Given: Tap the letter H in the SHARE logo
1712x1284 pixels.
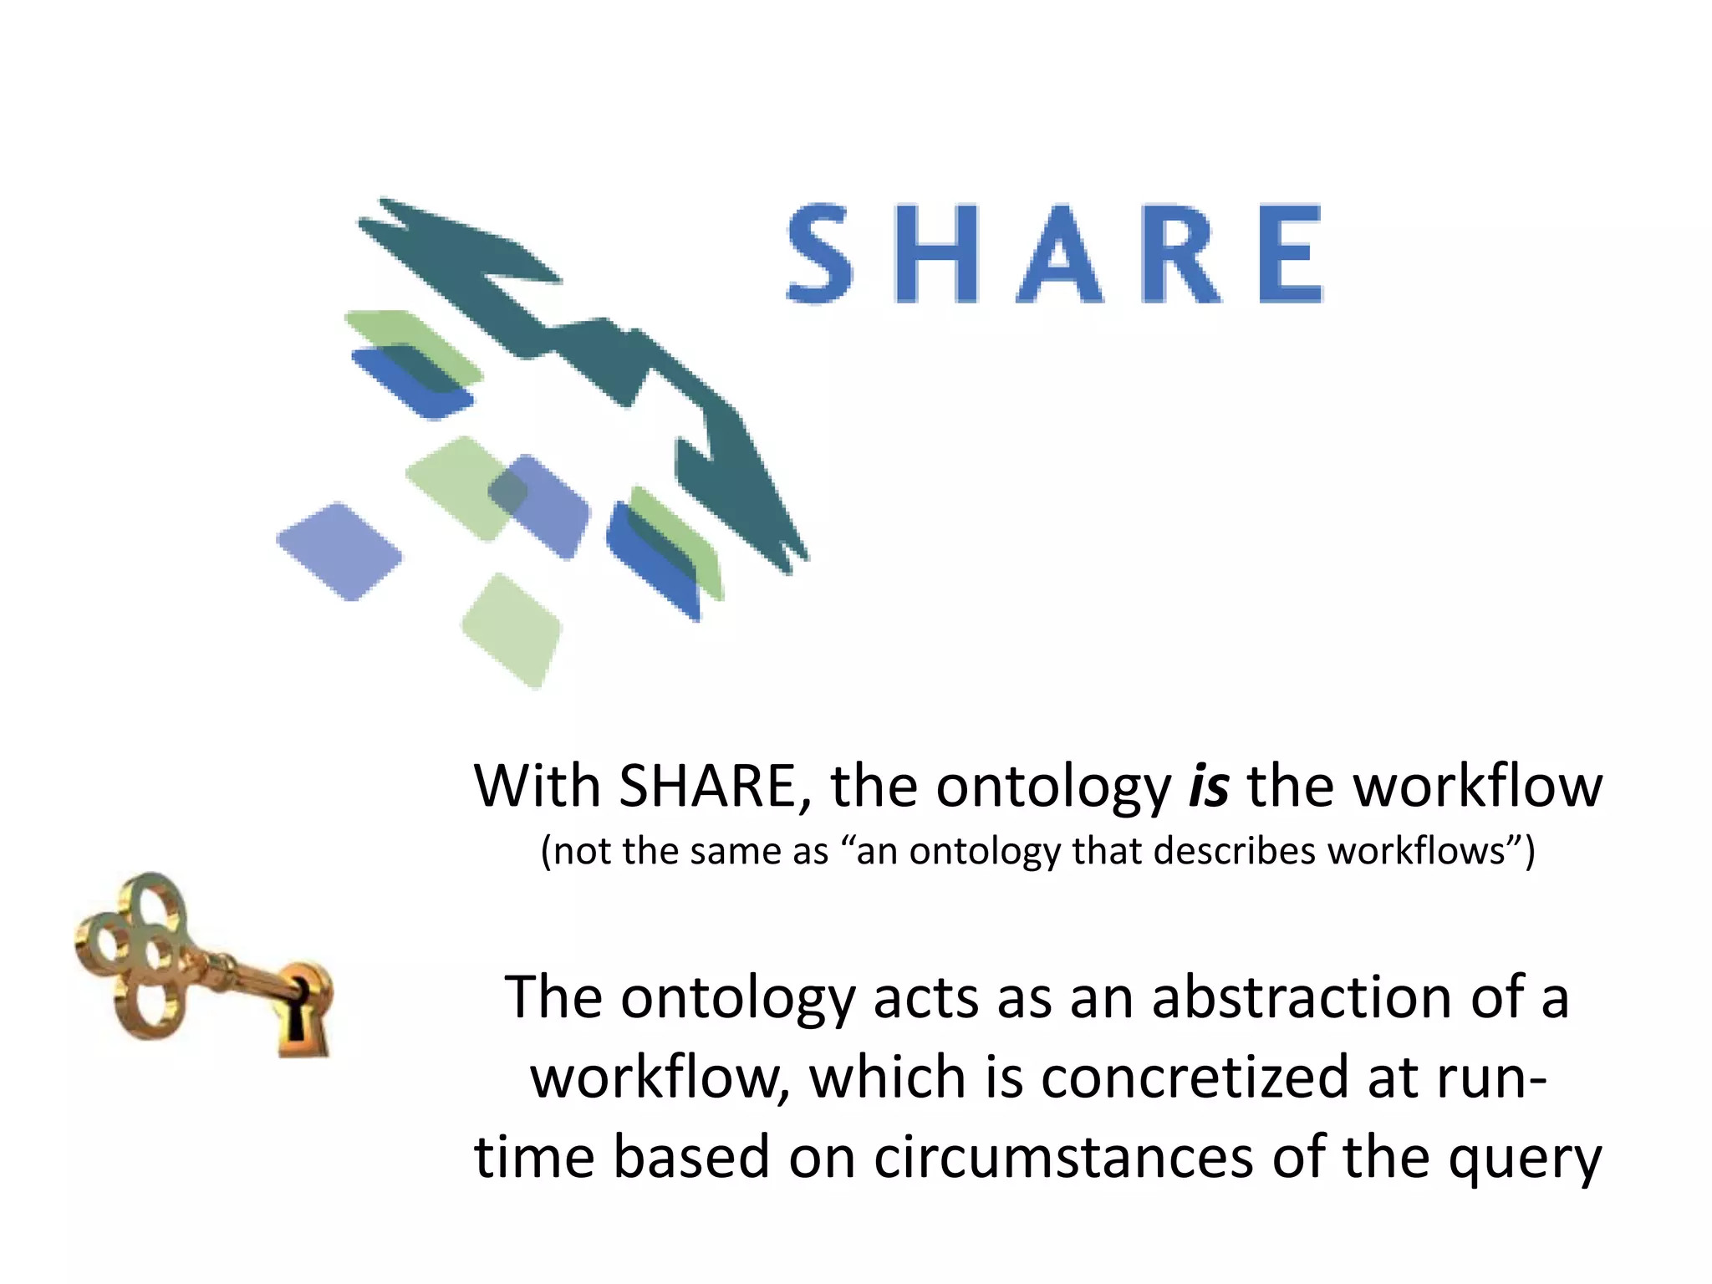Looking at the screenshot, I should point(936,253).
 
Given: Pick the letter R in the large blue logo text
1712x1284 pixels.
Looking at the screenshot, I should point(1179,253).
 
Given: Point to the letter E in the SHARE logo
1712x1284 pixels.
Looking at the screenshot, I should point(1290,253).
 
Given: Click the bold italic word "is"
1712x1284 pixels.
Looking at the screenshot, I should point(1209,787).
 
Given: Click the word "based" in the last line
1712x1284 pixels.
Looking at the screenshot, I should point(690,1158).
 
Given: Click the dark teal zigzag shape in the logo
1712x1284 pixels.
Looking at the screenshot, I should point(585,351).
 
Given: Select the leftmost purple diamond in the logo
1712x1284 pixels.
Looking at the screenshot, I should point(339,551).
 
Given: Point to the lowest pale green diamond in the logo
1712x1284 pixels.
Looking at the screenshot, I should point(512,629).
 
